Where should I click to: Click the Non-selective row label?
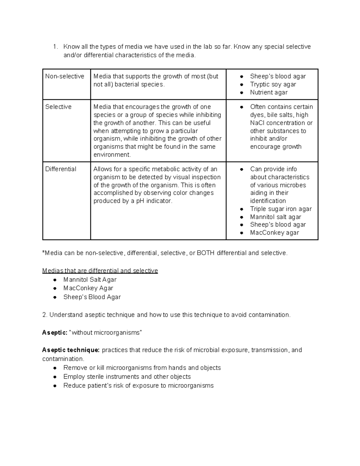[64, 76]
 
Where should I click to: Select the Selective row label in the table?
[58, 107]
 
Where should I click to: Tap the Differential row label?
[61, 169]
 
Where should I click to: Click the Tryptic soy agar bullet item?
[273, 84]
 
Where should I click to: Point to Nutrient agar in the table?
[269, 92]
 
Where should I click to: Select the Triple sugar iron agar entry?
[281, 209]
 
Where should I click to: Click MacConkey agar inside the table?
[274, 233]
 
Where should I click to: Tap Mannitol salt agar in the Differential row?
[275, 217]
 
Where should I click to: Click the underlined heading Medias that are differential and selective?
[100, 271]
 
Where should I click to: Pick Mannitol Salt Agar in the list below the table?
[90, 280]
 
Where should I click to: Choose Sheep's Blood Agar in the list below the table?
[92, 297]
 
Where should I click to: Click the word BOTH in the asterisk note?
[205, 253]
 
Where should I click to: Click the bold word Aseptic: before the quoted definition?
[55, 332]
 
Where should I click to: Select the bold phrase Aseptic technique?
[70, 350]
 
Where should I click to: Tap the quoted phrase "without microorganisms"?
[105, 332]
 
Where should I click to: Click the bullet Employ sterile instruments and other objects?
[127, 377]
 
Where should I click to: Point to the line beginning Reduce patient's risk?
[138, 386]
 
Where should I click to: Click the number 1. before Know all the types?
[55, 47]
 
